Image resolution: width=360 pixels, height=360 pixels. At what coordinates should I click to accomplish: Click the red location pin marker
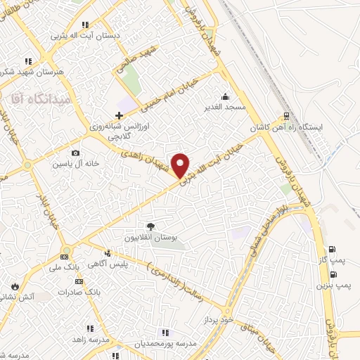pyautogui.click(x=181, y=165)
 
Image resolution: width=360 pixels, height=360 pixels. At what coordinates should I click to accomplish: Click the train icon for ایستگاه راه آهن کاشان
pyautogui.click(x=286, y=116)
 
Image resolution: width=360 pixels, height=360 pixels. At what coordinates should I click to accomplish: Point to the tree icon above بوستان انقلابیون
pyautogui.click(x=150, y=226)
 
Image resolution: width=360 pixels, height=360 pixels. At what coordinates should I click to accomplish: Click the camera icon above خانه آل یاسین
pyautogui.click(x=75, y=153)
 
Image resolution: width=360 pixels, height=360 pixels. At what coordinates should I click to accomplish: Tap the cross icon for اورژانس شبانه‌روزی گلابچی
pyautogui.click(x=119, y=115)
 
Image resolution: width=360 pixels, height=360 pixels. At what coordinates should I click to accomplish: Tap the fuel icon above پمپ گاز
pyautogui.click(x=333, y=249)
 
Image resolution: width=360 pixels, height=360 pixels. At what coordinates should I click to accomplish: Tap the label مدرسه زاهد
pyautogui.click(x=89, y=339)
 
